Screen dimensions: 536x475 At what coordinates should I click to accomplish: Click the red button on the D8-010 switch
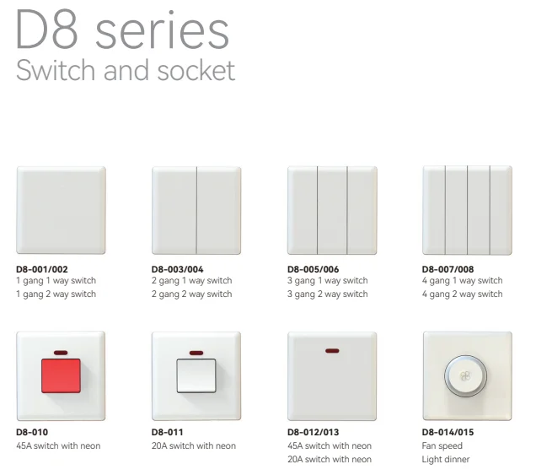(x=61, y=375)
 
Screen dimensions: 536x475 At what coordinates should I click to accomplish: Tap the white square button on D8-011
(x=196, y=375)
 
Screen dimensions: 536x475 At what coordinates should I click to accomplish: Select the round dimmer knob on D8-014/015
(x=465, y=376)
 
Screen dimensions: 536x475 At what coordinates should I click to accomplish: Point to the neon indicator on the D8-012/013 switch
(x=332, y=351)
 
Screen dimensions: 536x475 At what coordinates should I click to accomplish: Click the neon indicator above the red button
(x=61, y=353)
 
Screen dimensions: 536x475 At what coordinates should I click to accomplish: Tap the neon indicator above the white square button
(x=196, y=353)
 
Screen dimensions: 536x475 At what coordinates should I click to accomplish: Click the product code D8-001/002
(x=42, y=269)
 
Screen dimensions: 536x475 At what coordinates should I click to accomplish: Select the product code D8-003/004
(x=178, y=269)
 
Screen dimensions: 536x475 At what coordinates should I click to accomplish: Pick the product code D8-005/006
(x=314, y=269)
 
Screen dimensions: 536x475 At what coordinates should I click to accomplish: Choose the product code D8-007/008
(x=448, y=269)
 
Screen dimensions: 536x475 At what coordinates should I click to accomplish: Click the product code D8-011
(x=167, y=432)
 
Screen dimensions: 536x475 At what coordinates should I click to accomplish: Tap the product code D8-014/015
(x=448, y=432)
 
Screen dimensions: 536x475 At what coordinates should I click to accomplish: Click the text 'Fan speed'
(x=442, y=446)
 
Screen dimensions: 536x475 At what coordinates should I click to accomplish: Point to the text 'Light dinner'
(x=446, y=459)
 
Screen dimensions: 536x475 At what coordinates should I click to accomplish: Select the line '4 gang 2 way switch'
(x=462, y=294)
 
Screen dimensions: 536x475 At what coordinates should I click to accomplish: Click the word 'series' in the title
(x=162, y=30)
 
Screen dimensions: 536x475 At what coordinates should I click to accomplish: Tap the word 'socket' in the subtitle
(x=196, y=70)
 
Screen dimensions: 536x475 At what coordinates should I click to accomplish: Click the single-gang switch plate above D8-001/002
(x=61, y=210)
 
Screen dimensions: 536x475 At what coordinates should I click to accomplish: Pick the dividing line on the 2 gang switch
(x=196, y=210)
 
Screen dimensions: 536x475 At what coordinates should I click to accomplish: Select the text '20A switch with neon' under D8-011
(x=194, y=446)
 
